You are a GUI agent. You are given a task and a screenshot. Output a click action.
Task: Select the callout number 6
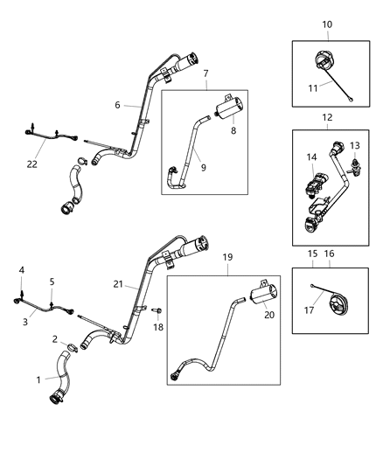(x=116, y=105)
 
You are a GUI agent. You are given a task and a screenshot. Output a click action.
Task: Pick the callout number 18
(x=158, y=326)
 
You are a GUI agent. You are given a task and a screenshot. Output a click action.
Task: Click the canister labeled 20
(x=261, y=298)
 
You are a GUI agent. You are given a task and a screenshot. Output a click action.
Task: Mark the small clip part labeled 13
(x=356, y=164)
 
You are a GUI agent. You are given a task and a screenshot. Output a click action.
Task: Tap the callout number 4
(x=23, y=270)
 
